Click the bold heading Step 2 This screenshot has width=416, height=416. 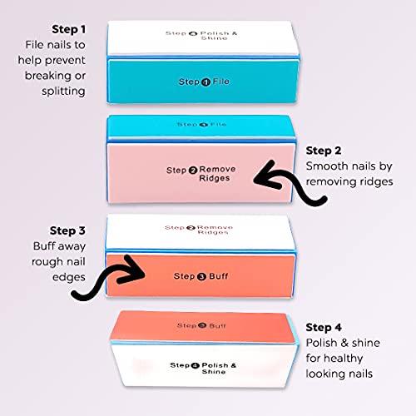pos(324,151)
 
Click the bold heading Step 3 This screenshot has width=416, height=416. pos(67,230)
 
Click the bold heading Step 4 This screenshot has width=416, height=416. pos(324,327)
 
